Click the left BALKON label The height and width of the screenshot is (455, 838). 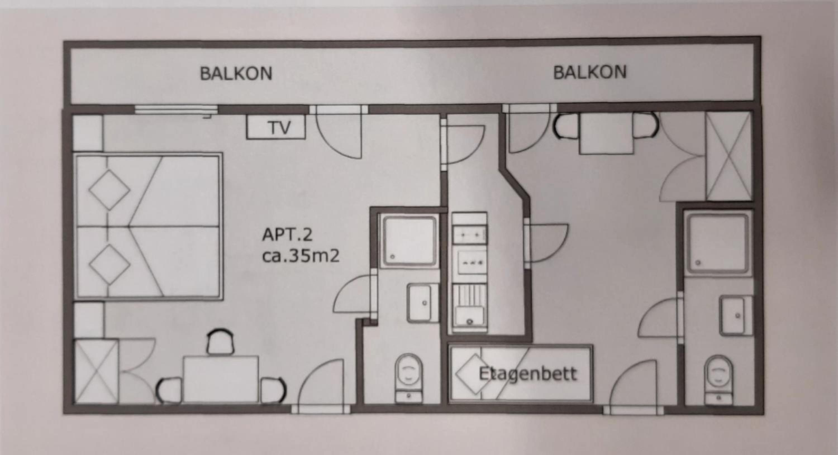click(x=236, y=73)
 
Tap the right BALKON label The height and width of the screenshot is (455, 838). click(x=590, y=72)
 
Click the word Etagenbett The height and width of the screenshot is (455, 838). click(x=528, y=374)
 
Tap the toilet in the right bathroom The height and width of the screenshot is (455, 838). click(x=719, y=380)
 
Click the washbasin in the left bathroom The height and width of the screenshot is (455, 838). click(x=422, y=303)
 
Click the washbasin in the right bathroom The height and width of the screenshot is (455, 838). click(x=735, y=316)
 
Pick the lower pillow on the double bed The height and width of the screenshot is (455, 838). click(x=109, y=265)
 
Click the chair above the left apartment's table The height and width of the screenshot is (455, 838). click(x=221, y=342)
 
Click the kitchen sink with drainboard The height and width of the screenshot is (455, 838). click(x=469, y=308)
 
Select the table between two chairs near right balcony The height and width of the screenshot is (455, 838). click(x=606, y=133)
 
